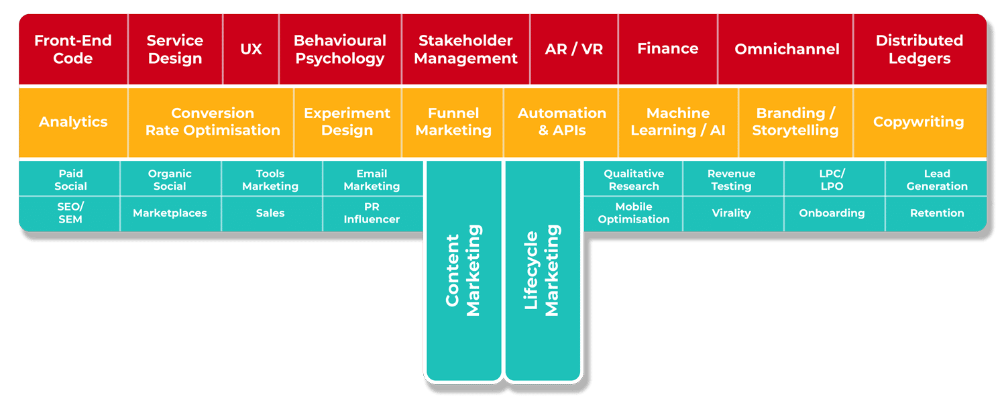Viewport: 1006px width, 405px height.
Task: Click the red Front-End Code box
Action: pyautogui.click(x=72, y=50)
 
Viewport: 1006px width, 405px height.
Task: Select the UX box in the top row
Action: pyautogui.click(x=251, y=50)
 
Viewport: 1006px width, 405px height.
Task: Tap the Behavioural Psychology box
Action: pyautogui.click(x=340, y=50)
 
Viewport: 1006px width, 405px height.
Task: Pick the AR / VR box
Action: pyautogui.click(x=573, y=50)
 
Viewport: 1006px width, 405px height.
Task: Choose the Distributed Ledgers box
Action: pyautogui.click(x=919, y=50)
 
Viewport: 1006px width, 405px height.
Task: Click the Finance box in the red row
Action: pyautogui.click(x=667, y=50)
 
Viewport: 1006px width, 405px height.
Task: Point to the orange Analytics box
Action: pyautogui.click(x=73, y=122)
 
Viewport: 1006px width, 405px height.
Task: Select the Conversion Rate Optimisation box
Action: pyautogui.click(x=213, y=122)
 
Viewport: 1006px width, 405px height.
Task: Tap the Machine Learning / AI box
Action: pyautogui.click(x=678, y=122)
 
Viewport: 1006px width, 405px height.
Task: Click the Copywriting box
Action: pyautogui.click(x=918, y=122)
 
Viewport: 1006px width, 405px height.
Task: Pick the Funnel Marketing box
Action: pyautogui.click(x=453, y=122)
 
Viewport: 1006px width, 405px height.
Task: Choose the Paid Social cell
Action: pyautogui.click(x=70, y=180)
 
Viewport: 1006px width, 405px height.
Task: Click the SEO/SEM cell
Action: pyautogui.click(x=70, y=213)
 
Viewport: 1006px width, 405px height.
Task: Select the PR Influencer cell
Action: pyautogui.click(x=372, y=213)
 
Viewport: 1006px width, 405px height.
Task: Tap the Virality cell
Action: pyautogui.click(x=731, y=213)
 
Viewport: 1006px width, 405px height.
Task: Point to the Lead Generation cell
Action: pyautogui.click(x=937, y=180)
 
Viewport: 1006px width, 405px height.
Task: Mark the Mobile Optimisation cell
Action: pyautogui.click(x=633, y=213)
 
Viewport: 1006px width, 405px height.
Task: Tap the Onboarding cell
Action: pyautogui.click(x=832, y=213)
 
